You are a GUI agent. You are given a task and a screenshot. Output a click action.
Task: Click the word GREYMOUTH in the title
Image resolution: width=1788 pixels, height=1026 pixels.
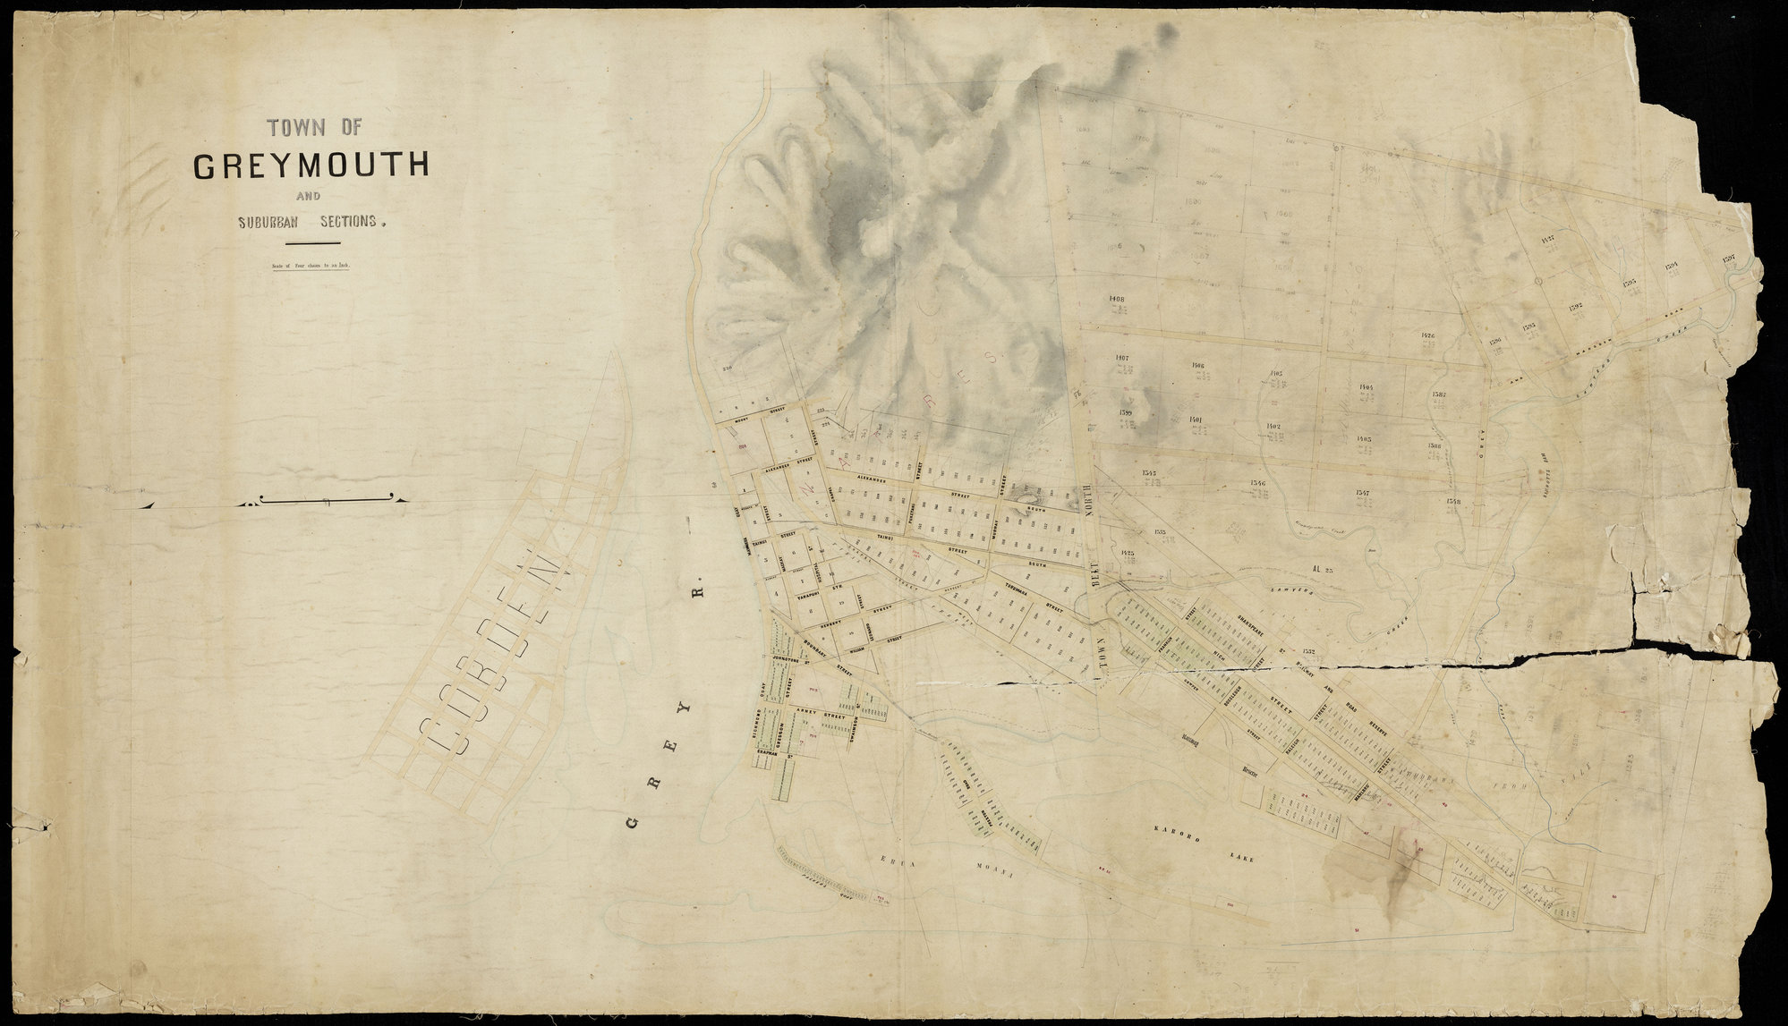[x=311, y=166]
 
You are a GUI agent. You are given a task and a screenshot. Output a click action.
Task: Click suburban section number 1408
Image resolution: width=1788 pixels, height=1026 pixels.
[x=1116, y=300]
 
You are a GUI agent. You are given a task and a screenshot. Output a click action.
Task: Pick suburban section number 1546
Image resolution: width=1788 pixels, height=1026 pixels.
[x=1258, y=483]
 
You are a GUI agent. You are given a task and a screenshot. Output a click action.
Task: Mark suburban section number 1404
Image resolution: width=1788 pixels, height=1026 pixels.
[x=1366, y=387]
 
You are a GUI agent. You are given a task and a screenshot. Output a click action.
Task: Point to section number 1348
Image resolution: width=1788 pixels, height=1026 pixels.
[x=1453, y=502]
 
